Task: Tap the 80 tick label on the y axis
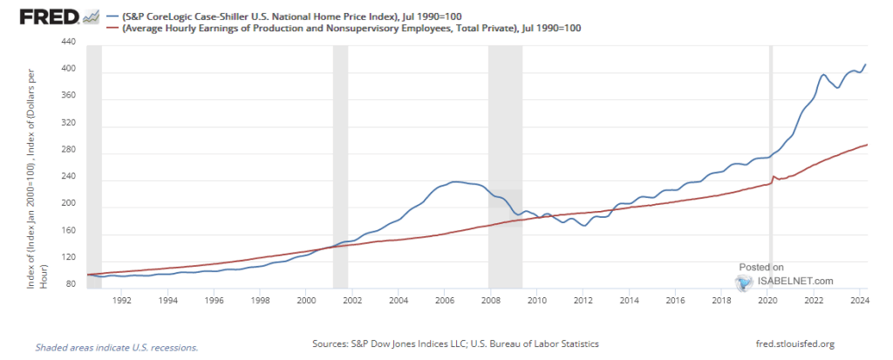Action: tap(70, 284)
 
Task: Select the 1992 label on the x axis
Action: tap(122, 300)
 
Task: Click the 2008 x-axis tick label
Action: tap(491, 300)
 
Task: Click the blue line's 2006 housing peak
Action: tap(454, 182)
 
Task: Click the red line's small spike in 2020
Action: tap(773, 177)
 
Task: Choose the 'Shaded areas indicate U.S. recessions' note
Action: tap(116, 347)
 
